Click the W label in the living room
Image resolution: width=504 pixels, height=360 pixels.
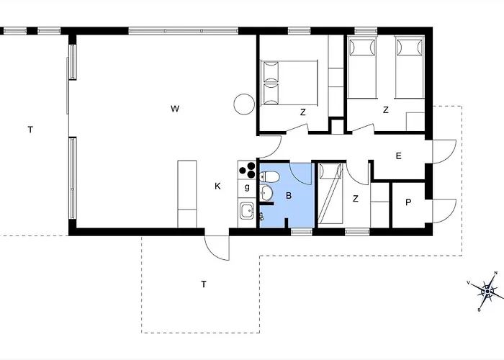coord(174,109)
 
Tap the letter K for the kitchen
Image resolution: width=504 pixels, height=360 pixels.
coord(217,186)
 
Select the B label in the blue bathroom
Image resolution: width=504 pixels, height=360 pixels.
coord(288,195)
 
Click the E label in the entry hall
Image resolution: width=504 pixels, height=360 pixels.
coord(398,156)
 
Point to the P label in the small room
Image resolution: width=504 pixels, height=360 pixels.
coord(408,203)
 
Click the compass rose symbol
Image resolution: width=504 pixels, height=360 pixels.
coord(487,292)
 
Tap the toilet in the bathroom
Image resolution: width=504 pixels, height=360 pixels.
coord(270,176)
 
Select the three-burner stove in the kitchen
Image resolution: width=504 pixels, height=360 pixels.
coord(248,170)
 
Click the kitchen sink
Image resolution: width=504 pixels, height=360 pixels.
coord(247,212)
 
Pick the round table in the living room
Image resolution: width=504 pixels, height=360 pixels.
coord(243,105)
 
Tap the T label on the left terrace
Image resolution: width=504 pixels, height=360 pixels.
coord(30,130)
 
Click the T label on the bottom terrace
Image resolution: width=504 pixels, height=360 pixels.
coord(204,284)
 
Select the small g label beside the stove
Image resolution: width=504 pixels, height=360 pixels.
coord(247,187)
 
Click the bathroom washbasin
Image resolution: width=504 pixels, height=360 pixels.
coord(268,194)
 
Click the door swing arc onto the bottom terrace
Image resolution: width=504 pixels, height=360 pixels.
coord(216,246)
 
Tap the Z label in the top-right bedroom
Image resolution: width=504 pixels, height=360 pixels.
coord(386,110)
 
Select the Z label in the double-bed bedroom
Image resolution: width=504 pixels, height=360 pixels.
coord(303,112)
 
